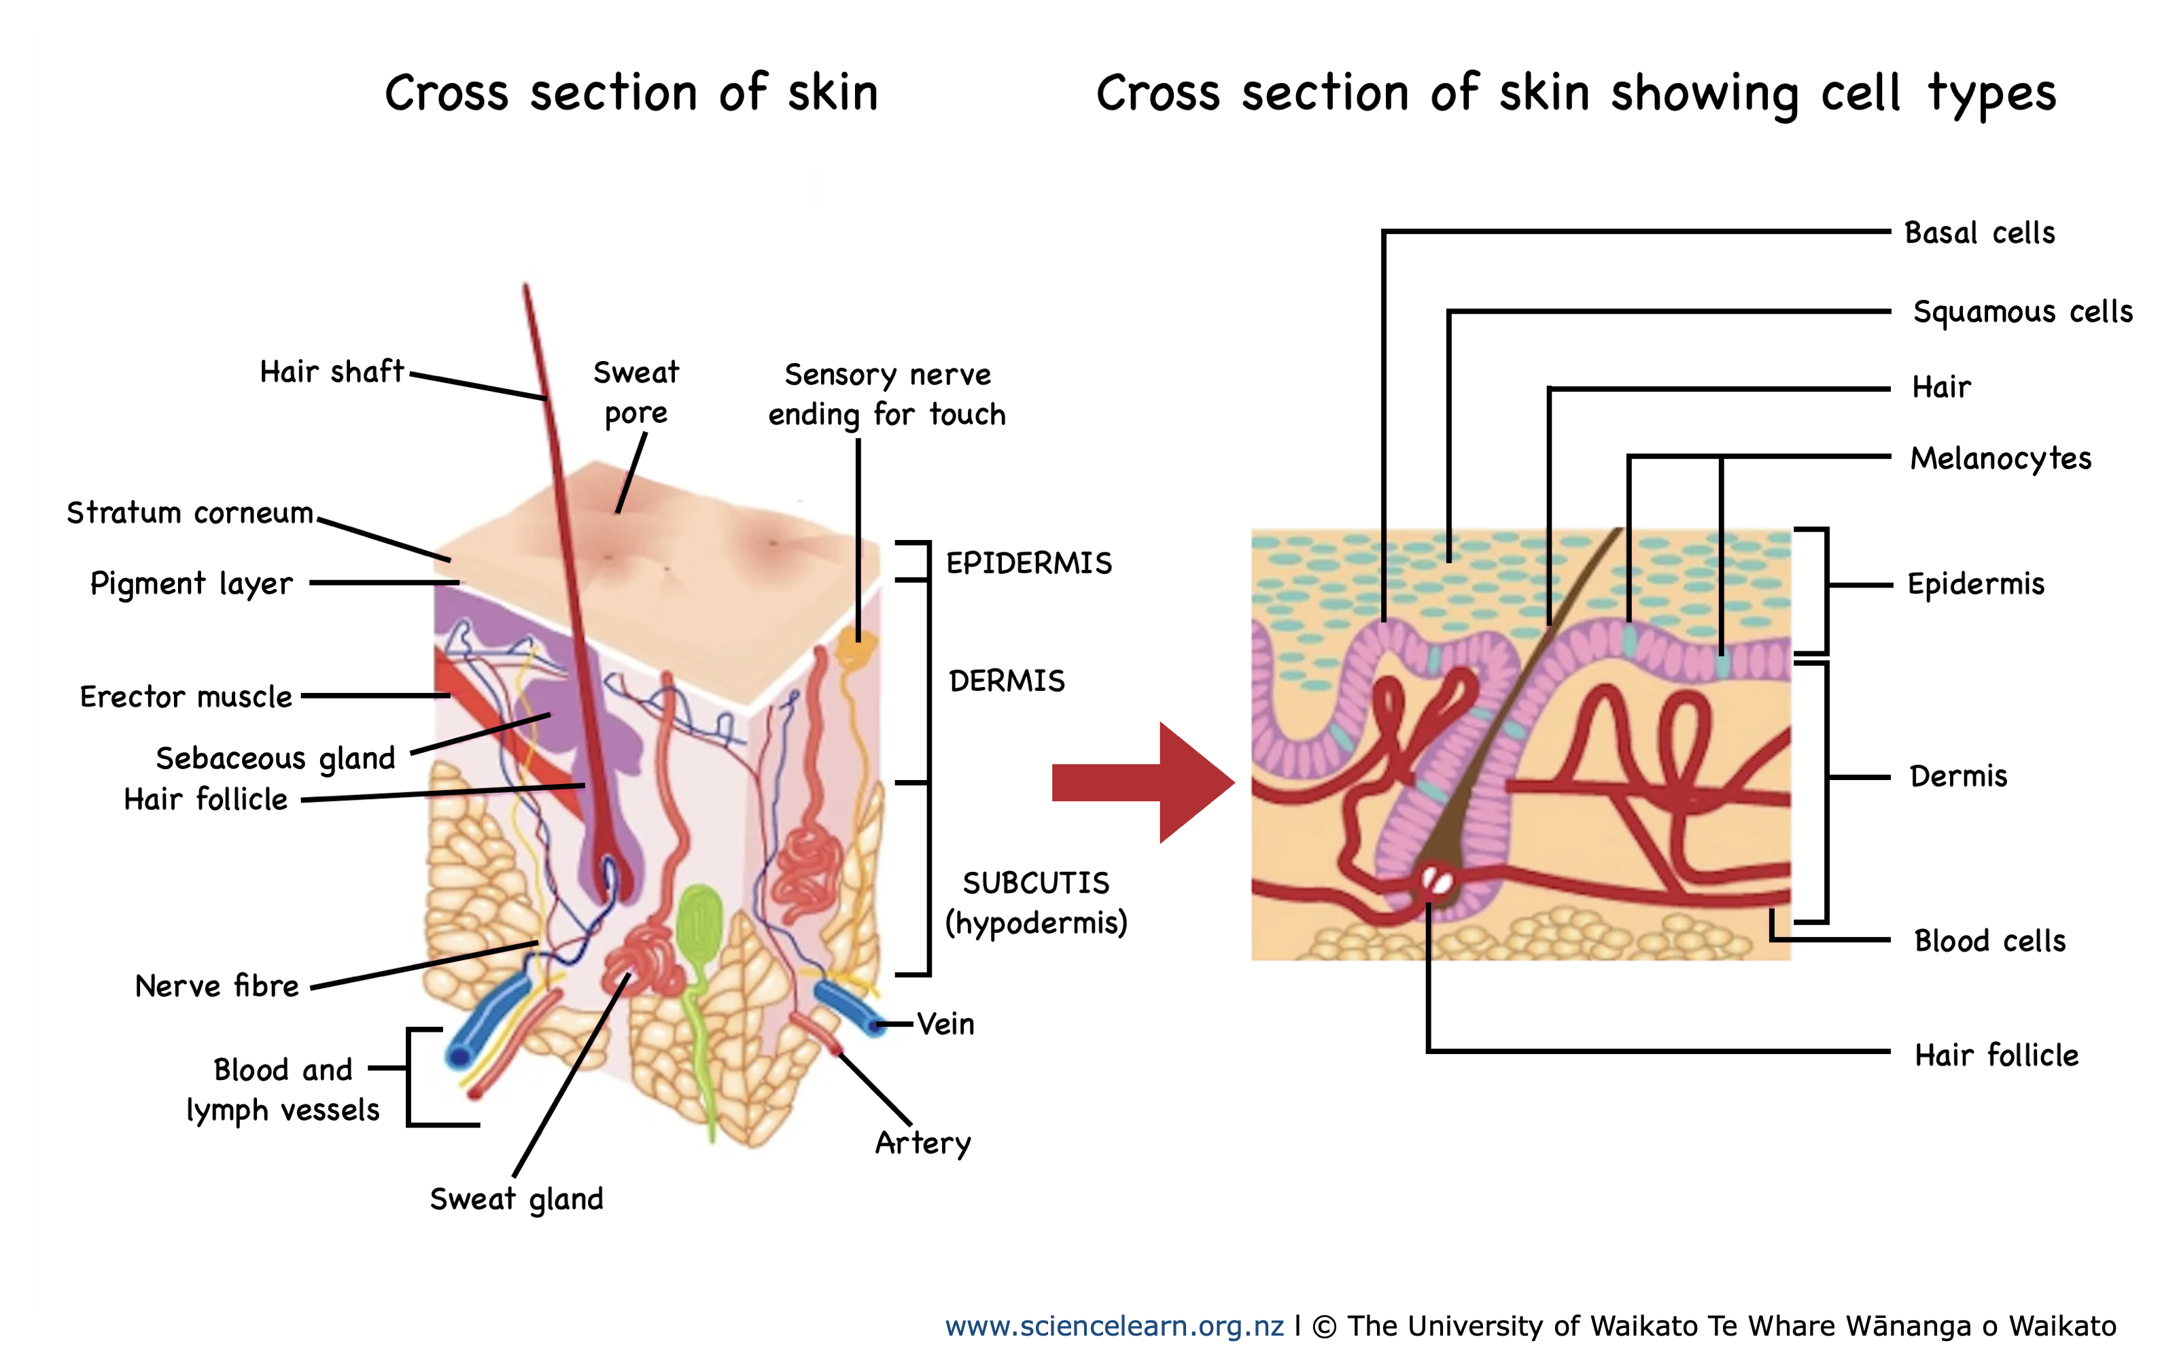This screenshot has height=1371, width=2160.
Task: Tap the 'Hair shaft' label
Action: (x=331, y=371)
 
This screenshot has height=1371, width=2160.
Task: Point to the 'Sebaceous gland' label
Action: (x=275, y=758)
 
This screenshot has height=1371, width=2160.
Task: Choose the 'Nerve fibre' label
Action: (x=216, y=986)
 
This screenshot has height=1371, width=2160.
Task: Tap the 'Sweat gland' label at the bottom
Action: (x=517, y=1199)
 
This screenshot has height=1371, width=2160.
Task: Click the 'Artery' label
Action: (x=923, y=1143)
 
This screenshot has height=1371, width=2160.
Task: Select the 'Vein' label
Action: (x=945, y=1023)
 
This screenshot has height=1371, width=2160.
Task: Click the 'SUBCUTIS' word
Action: (x=1036, y=883)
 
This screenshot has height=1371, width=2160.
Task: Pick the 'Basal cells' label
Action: (x=1980, y=233)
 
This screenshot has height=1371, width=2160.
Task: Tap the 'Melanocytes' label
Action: (x=2000, y=458)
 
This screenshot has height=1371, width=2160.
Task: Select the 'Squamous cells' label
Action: (x=2023, y=311)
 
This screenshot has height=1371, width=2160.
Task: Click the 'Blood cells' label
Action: (x=1989, y=941)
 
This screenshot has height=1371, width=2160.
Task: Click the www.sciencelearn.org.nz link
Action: (x=1114, y=1325)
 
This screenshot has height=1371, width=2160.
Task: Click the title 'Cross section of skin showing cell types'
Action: (x=1576, y=92)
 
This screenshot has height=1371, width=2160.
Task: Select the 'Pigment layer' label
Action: (x=191, y=583)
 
